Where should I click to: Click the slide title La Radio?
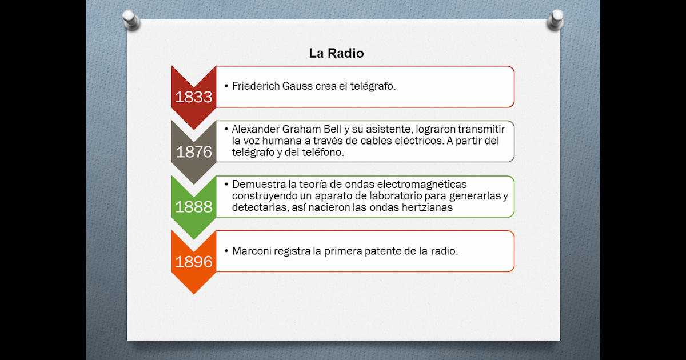(336, 53)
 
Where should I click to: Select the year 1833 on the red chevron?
(194, 97)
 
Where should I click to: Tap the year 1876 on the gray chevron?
(194, 152)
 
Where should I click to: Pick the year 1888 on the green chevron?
(194, 207)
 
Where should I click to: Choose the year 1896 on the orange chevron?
(194, 262)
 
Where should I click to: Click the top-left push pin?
(131, 20)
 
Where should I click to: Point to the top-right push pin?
(556, 20)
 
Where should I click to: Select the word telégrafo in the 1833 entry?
(373, 86)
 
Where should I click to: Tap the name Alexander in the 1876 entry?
(256, 129)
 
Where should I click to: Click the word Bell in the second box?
(332, 129)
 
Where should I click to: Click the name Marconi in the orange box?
(252, 251)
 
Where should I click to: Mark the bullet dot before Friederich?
(226, 86)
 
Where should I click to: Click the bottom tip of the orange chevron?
(194, 294)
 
